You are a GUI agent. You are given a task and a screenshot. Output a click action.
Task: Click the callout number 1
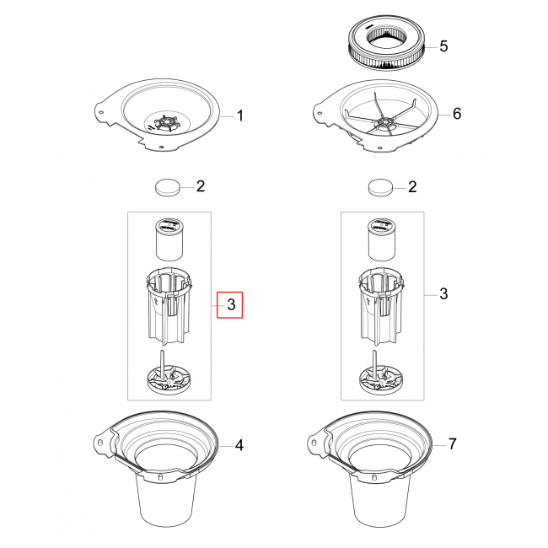click(x=239, y=116)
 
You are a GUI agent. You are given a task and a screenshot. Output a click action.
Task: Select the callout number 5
click(x=443, y=46)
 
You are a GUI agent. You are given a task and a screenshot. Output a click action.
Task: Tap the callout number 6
click(x=457, y=114)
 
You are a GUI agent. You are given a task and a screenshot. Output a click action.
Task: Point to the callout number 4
click(x=239, y=445)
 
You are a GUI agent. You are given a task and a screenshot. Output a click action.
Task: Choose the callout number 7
click(x=452, y=443)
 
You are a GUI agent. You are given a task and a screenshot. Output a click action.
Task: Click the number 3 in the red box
click(x=231, y=304)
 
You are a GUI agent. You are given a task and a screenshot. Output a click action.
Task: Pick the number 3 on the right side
click(x=443, y=293)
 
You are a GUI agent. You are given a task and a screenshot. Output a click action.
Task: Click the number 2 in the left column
click(x=201, y=186)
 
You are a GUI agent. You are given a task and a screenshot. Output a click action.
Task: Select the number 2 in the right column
click(x=412, y=187)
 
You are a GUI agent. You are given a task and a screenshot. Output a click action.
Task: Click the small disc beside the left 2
click(x=168, y=188)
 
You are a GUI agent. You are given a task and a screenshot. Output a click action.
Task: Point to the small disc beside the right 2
click(x=380, y=188)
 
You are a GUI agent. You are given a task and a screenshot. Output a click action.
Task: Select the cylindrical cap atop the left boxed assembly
click(x=169, y=239)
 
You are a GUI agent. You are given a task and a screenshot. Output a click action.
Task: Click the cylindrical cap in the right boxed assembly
click(x=382, y=239)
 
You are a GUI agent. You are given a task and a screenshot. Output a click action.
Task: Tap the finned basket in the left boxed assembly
click(x=169, y=307)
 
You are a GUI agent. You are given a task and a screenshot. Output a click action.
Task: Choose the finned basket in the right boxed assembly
click(x=381, y=307)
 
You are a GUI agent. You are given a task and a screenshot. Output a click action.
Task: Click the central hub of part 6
click(x=384, y=123)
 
